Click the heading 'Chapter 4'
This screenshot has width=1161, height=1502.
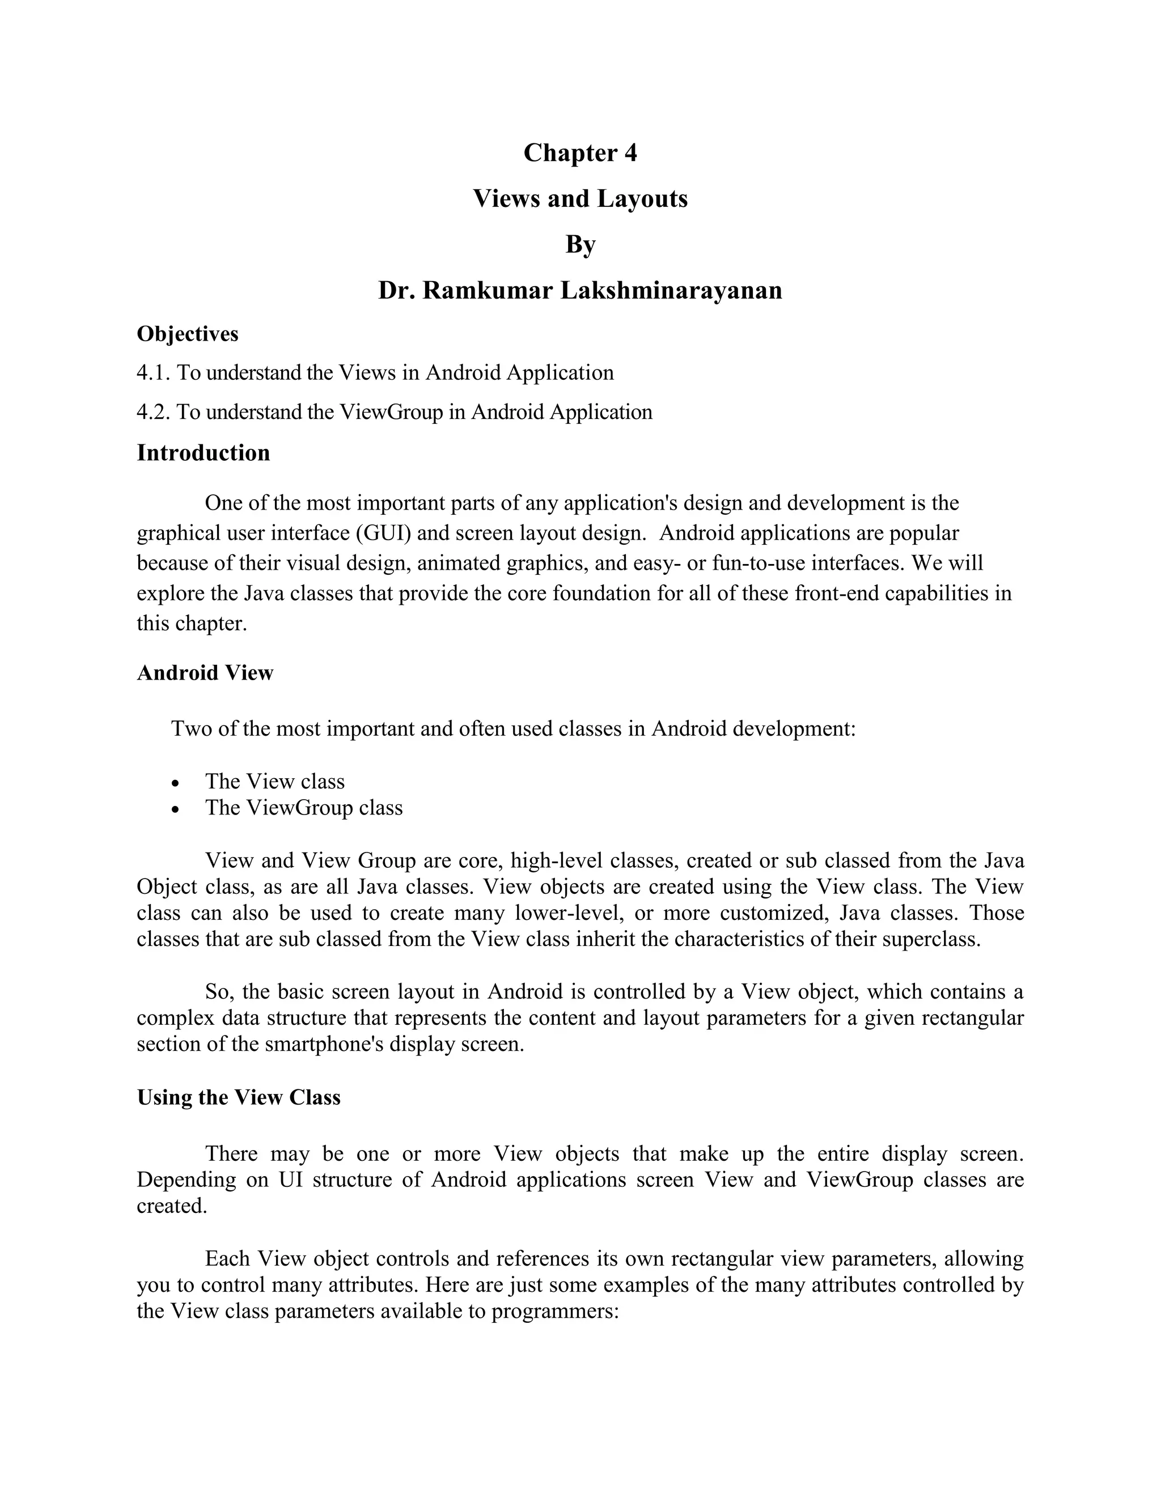(x=580, y=152)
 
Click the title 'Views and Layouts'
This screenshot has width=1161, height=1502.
(x=580, y=199)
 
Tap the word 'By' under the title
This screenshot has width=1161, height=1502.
(x=580, y=244)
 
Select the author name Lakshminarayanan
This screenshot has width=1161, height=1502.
(x=671, y=290)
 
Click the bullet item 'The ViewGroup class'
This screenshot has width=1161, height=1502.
(x=303, y=807)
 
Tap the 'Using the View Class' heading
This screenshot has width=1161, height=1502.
(x=239, y=1097)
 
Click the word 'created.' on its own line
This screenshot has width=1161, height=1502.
(x=171, y=1206)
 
